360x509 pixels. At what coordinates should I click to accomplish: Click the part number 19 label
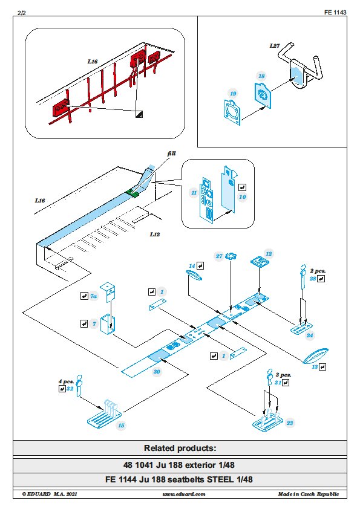[233, 94]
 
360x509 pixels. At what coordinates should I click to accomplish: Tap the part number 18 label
[261, 76]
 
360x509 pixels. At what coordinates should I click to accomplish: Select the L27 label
[275, 46]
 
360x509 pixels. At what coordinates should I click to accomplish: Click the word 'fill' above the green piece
[172, 153]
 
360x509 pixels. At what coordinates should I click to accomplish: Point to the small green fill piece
[133, 193]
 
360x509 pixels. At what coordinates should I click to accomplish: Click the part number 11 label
[194, 193]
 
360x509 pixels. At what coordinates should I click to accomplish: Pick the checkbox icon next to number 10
[243, 187]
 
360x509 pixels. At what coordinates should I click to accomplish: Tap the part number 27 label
[219, 256]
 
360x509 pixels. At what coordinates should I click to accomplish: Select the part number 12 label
[269, 254]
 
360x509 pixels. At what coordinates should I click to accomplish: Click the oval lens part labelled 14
[194, 277]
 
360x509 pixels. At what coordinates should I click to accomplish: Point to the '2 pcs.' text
[318, 271]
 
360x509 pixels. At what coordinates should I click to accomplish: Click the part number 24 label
[310, 336]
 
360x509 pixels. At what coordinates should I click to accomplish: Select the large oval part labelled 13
[315, 356]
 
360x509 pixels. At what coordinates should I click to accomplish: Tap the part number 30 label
[157, 372]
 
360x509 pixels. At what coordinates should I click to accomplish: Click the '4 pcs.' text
[67, 382]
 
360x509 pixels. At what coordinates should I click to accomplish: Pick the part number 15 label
[121, 426]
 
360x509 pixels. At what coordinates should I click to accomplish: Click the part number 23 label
[290, 423]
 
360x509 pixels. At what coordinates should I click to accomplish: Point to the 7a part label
[94, 296]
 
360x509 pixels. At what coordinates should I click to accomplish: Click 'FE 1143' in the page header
[335, 12]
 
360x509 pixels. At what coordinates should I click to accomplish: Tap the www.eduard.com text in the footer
[184, 494]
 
